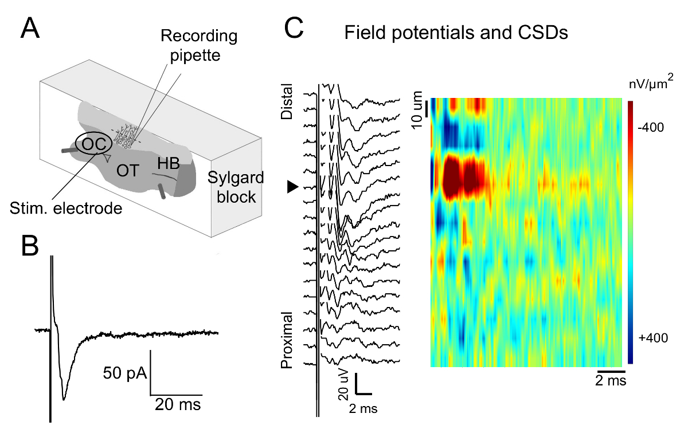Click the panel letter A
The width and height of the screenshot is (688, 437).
click(x=30, y=27)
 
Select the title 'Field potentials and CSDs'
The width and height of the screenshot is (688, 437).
click(x=456, y=34)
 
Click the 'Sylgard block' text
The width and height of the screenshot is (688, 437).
click(x=236, y=187)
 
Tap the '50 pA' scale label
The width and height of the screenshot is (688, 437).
click(x=124, y=375)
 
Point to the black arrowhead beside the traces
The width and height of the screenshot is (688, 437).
click(x=293, y=187)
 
